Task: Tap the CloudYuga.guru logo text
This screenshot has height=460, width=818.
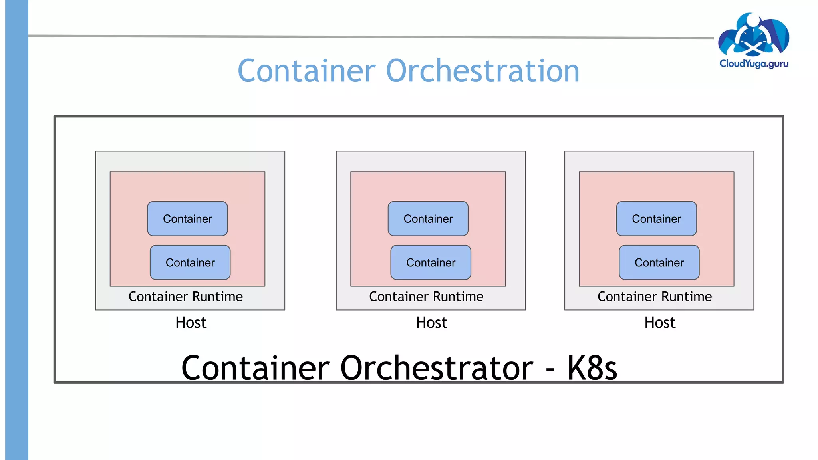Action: [x=754, y=64]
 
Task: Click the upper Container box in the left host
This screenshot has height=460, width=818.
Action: [x=187, y=219]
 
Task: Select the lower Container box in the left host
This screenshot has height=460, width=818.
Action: [x=190, y=262]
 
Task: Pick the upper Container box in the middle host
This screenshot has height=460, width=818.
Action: [x=428, y=219]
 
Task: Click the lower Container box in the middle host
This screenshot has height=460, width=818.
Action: [x=431, y=262]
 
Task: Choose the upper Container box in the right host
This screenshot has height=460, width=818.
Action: [x=656, y=219]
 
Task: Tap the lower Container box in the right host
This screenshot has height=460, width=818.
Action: [x=659, y=262]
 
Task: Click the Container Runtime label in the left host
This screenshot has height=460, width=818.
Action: [x=185, y=297]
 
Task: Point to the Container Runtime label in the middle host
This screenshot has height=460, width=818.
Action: [x=426, y=297]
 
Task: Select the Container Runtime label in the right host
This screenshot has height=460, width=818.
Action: [x=654, y=297]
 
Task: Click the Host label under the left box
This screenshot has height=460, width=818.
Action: [x=191, y=323]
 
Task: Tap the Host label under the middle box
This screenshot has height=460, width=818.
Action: [x=431, y=323]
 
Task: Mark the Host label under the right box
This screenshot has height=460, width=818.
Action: [x=660, y=323]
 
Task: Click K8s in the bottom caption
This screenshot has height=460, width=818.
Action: [x=592, y=368]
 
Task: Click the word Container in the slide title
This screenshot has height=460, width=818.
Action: [x=307, y=71]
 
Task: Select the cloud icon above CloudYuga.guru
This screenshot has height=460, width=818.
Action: [x=753, y=35]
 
